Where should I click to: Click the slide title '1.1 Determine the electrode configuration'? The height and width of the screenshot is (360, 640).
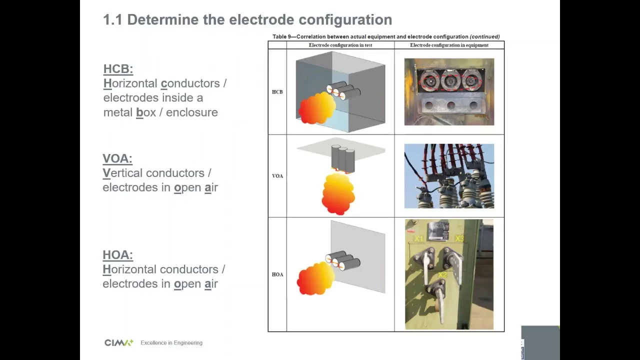[247, 19]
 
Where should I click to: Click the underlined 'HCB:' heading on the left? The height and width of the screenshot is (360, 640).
[118, 69]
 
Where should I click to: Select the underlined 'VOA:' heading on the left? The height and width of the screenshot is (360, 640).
[117, 158]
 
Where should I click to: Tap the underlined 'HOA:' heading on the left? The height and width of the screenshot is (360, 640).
[117, 255]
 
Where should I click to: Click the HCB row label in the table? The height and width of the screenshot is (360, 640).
[277, 92]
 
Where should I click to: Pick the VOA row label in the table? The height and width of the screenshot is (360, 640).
[277, 176]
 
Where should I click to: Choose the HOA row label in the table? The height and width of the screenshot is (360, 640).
[277, 274]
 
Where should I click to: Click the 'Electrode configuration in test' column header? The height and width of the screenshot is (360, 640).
[340, 45]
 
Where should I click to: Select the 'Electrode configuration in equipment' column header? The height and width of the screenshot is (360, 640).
[449, 45]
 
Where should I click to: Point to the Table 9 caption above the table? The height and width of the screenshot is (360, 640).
[386, 36]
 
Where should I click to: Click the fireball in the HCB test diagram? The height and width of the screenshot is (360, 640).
[317, 107]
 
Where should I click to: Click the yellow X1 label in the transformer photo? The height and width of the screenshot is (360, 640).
[418, 238]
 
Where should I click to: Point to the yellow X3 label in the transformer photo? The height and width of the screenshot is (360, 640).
[459, 238]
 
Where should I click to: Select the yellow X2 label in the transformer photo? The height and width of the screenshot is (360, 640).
[442, 275]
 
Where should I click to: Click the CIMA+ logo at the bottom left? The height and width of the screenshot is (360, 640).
[119, 342]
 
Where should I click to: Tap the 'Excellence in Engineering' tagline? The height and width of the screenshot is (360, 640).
[171, 343]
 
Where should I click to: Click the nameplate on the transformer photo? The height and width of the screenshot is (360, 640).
[437, 231]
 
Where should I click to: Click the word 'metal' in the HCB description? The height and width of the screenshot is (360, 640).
[117, 112]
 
